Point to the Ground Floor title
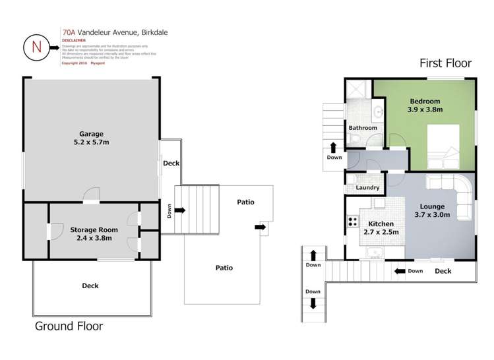pos(69,326)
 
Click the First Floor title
pos(445,63)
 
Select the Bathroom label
pos(363,127)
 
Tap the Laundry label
pos(367,188)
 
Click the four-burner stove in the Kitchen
pos(353,223)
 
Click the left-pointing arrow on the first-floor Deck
pos(399,270)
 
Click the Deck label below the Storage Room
pos(90,285)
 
